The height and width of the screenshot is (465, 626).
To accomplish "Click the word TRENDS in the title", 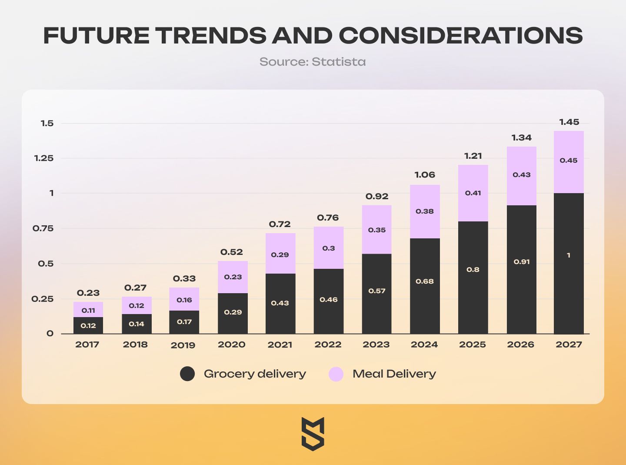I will pos(211,35).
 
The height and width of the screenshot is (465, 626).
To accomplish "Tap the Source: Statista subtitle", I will pos(313,62).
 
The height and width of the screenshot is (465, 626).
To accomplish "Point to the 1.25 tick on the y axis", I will pos(44,158).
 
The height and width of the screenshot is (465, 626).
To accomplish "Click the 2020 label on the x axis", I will pos(231,345).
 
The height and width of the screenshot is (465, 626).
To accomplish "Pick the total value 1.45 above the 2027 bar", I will pos(569,122).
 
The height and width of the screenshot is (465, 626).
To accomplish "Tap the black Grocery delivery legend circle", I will pos(187,374).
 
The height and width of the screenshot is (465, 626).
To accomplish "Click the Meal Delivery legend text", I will pos(394,374).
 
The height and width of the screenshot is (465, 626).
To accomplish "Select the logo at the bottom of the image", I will pos(313,434).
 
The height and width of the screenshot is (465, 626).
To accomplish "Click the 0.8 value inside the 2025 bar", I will pos(473,270).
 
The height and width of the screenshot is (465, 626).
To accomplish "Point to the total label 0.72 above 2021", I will pos(280,224).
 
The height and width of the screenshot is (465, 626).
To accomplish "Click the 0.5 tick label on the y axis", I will pos(46,264).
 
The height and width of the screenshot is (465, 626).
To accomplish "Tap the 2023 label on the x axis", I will pos(376,345).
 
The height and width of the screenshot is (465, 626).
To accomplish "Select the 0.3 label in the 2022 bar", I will pos(329,248).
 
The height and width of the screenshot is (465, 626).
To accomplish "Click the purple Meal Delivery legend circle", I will pos(336,374).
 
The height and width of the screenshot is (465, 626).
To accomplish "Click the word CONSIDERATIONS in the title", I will pos(460,35).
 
